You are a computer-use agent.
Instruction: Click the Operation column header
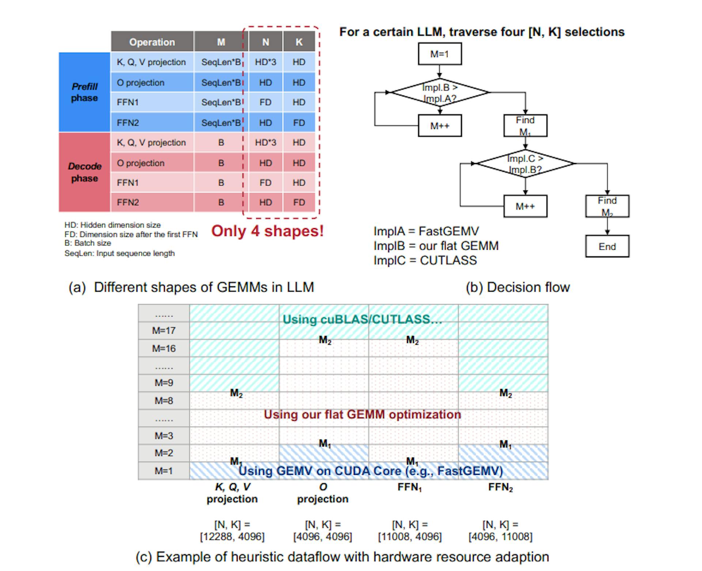pos(152,42)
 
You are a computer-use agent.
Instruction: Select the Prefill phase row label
pos(84,92)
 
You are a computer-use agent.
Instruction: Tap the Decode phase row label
pos(84,172)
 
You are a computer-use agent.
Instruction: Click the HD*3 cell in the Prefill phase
pos(265,62)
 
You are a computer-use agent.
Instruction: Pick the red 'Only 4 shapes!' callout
pos(267,231)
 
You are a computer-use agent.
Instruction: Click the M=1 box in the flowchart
pos(439,54)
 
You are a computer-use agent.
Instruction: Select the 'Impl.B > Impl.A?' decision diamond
pos(439,93)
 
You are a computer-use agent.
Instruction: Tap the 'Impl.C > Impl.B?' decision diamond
pos(525,164)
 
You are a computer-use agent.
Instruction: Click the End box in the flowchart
pos(607,247)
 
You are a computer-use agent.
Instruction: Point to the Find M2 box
pos(607,206)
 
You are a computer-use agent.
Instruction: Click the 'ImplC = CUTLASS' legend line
pos(425,260)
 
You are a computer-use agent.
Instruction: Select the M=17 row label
pos(164,330)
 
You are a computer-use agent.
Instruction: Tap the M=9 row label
pos(164,383)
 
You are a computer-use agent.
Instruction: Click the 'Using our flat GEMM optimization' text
pos(362,415)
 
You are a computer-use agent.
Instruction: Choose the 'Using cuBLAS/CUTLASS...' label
pos(362,319)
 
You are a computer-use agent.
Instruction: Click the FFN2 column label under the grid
pos(500,487)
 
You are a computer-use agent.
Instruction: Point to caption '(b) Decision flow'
pos(517,287)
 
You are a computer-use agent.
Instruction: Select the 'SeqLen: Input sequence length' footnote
pos(120,253)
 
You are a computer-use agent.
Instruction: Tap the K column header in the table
pos(299,42)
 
